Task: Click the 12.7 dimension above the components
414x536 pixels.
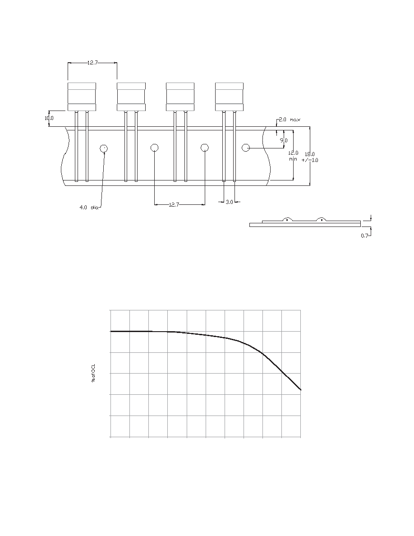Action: [x=92, y=63]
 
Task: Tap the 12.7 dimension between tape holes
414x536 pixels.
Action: [x=174, y=204]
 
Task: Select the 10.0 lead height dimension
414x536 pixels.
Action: [x=49, y=118]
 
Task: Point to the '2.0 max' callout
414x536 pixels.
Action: [x=290, y=120]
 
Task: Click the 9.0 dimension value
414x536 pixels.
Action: [x=284, y=140]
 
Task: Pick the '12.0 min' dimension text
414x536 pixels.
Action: [x=294, y=156]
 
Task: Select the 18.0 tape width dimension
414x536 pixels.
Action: [x=310, y=157]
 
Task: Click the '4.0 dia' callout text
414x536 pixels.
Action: [x=89, y=207]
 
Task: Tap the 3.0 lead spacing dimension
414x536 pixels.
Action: [x=229, y=202]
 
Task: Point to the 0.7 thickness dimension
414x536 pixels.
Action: [x=364, y=236]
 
